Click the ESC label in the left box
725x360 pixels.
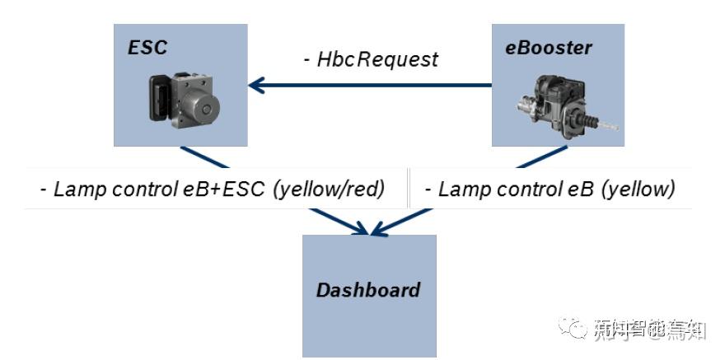pyautogui.click(x=147, y=48)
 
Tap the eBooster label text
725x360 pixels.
pyautogui.click(x=549, y=48)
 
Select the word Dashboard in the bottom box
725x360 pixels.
pyautogui.click(x=368, y=290)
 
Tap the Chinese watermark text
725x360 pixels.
pyautogui.click(x=650, y=330)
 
